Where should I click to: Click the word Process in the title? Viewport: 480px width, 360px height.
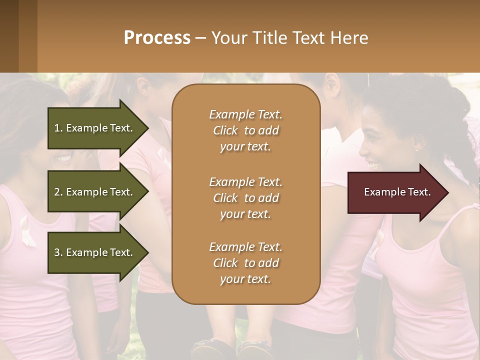coord(157,38)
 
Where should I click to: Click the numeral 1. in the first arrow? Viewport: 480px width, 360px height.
coord(58,128)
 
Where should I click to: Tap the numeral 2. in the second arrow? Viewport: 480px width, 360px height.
coord(58,192)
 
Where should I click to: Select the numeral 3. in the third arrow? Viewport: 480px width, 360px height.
coord(58,252)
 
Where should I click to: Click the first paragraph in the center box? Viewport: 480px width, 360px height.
coord(245,130)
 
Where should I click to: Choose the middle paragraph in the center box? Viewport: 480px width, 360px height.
coord(245,198)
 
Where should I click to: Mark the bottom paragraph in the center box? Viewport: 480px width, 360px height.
coord(245,263)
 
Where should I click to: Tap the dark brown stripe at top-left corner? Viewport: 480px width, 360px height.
coord(9,36)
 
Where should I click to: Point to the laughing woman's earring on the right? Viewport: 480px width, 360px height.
coord(415,148)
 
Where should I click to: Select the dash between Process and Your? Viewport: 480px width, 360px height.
coord(201,38)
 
